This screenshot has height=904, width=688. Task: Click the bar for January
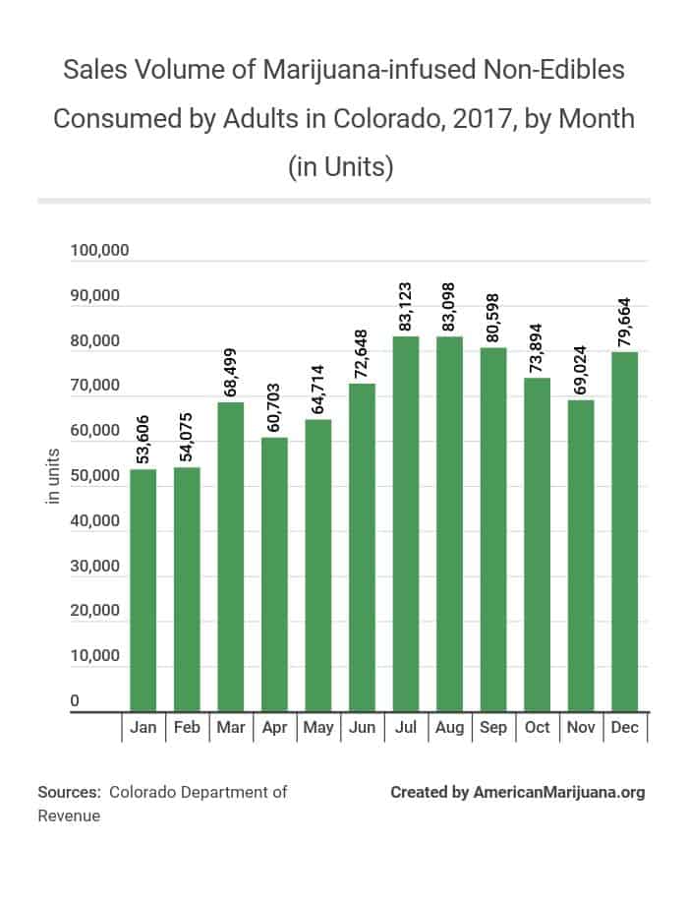tap(143, 590)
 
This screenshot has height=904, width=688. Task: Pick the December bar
tap(624, 531)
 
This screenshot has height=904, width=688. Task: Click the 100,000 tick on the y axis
tap(100, 251)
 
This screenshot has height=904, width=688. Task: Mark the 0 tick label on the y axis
tap(75, 700)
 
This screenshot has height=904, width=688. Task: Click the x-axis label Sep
tap(493, 728)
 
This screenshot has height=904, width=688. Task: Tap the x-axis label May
tap(318, 728)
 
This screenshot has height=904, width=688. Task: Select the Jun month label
tap(362, 728)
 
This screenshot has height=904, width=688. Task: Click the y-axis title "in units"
tap(54, 476)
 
